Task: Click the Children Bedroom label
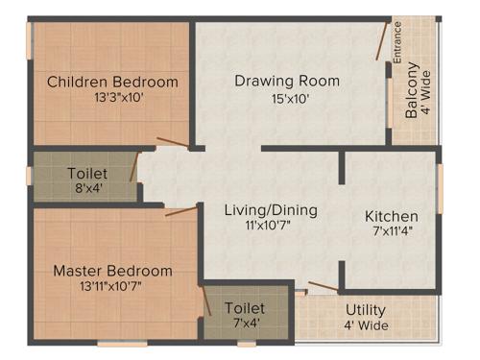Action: (x=112, y=82)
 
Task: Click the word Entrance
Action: (x=397, y=43)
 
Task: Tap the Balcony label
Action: (x=411, y=89)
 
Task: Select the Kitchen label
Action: (x=391, y=216)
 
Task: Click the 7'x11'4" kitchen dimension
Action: (x=391, y=231)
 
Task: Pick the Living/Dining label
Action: (x=271, y=210)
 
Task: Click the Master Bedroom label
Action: (x=112, y=271)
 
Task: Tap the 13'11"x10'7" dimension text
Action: (x=112, y=286)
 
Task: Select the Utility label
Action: (x=365, y=310)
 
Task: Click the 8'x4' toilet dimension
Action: (x=86, y=188)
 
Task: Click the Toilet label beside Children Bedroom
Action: (x=86, y=174)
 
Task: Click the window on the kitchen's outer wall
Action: (x=440, y=188)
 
